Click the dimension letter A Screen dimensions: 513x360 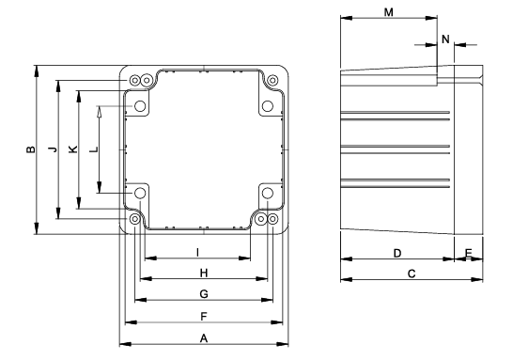[204, 338]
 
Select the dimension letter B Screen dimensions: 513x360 [31, 149]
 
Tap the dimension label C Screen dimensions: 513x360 [412, 274]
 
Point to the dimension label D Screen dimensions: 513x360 [397, 253]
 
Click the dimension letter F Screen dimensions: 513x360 [204, 317]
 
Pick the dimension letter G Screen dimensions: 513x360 [204, 294]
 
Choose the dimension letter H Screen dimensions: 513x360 [204, 273]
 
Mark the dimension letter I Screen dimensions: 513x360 [197, 252]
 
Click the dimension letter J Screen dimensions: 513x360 [53, 149]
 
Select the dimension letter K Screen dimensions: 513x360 [73, 149]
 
